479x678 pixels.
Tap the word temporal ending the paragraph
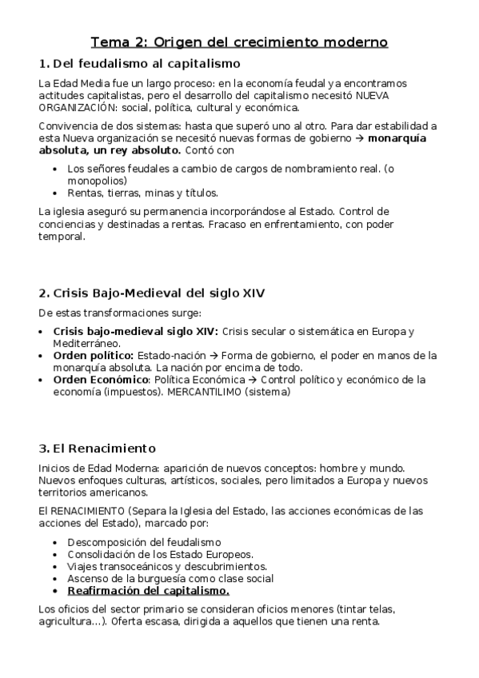pyautogui.click(x=61, y=237)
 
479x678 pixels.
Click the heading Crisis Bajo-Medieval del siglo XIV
pyautogui.click(x=159, y=293)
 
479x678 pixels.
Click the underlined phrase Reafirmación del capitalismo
pyautogui.click(x=149, y=591)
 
